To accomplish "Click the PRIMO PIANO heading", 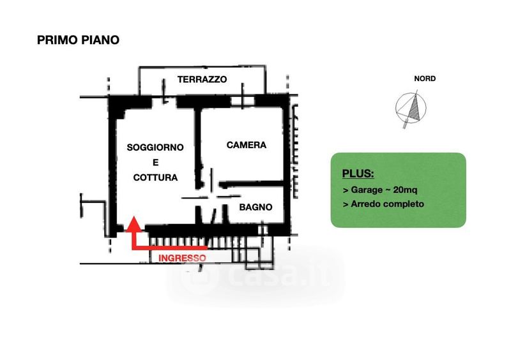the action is [x=78, y=40].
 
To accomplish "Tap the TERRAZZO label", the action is [x=202, y=79].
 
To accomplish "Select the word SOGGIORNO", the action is [x=155, y=147].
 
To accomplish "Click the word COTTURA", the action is [x=155, y=177].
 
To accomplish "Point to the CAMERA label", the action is [x=247, y=145].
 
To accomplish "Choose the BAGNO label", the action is [x=256, y=207].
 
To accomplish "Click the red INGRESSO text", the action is [x=182, y=258].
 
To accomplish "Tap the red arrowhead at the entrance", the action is [x=133, y=224].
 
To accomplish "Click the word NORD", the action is [x=425, y=79].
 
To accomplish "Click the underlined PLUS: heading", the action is [x=358, y=174].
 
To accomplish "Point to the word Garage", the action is [x=367, y=190].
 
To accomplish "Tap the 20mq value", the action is [x=405, y=190].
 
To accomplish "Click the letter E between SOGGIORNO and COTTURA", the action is [x=155, y=162].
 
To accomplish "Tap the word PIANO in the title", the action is [x=100, y=40].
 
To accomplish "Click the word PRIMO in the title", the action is [x=57, y=40].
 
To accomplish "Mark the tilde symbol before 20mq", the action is [x=388, y=190].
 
